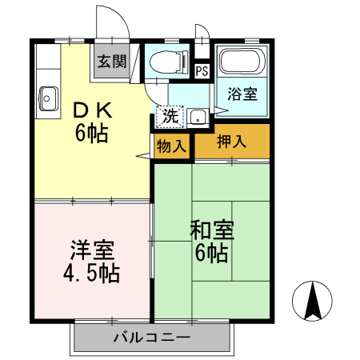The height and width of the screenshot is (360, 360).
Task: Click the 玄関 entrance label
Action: coord(112,62)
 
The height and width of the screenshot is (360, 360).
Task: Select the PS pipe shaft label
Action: coord(202,71)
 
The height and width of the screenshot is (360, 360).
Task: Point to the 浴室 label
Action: coord(243,94)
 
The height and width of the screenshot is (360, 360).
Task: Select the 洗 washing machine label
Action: coord(170,115)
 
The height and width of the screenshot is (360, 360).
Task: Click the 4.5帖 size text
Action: coord(91,274)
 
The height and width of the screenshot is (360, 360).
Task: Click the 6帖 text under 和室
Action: coord(213,254)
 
